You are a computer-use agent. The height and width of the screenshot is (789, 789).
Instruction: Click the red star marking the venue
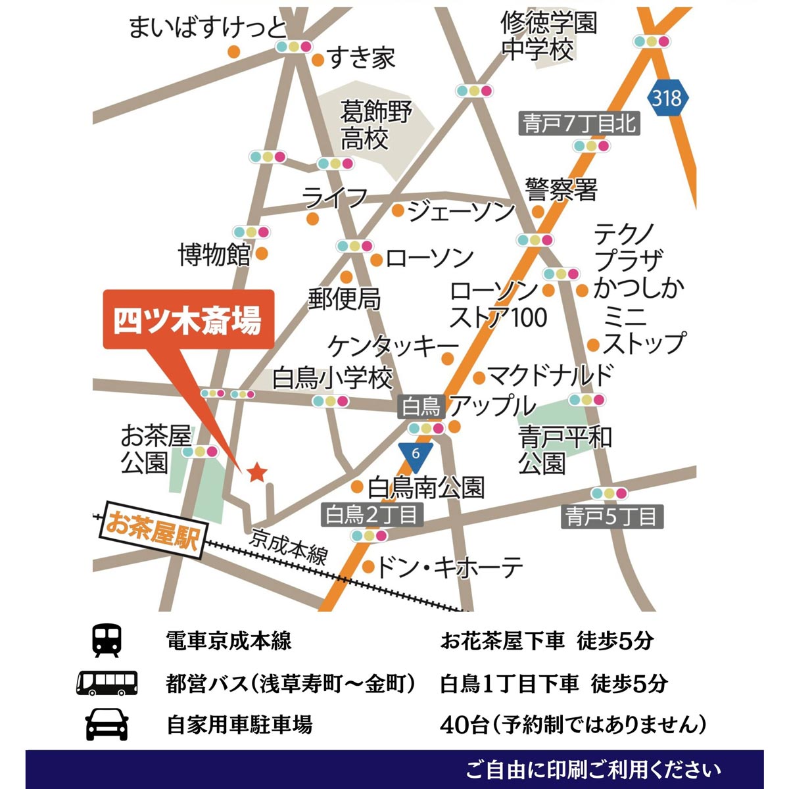pyautogui.click(x=256, y=471)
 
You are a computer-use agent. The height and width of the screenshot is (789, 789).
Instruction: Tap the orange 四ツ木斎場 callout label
pyautogui.click(x=188, y=320)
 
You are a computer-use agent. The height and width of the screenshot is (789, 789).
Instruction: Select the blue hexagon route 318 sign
pyautogui.click(x=667, y=99)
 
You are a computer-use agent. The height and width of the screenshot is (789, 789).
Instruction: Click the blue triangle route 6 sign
pyautogui.click(x=415, y=455)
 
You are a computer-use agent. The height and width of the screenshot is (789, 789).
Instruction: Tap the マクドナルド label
pyautogui.click(x=551, y=375)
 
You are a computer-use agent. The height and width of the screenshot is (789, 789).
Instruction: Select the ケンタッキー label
pyautogui.click(x=393, y=346)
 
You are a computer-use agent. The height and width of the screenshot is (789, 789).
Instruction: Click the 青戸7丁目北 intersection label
pyautogui.click(x=579, y=123)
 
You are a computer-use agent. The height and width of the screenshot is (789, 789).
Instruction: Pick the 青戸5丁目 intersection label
pyautogui.click(x=612, y=516)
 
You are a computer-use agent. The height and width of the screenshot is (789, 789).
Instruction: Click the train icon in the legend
pyautogui.click(x=107, y=640)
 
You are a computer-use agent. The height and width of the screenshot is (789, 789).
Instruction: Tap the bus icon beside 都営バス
pyautogui.click(x=107, y=683)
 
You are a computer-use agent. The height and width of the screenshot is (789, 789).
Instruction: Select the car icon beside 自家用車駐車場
pyautogui.click(x=107, y=725)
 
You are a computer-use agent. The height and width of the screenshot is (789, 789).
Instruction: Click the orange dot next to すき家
pyautogui.click(x=318, y=61)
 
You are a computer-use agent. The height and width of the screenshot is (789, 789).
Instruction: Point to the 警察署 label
pyautogui.click(x=561, y=190)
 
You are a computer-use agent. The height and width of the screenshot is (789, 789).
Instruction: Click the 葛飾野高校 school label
pyautogui.click(x=375, y=125)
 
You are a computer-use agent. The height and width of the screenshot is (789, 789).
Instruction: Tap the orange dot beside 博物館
pyautogui.click(x=262, y=253)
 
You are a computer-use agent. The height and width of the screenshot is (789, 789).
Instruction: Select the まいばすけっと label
pyautogui.click(x=208, y=28)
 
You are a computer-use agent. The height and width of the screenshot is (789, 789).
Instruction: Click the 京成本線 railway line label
pyautogui.click(x=289, y=546)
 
